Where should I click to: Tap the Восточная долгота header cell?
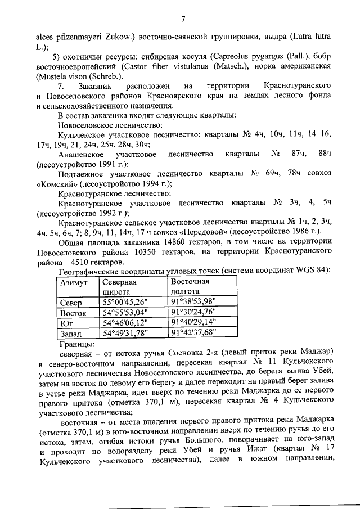tap(190, 286)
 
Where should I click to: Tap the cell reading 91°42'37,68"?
tap(193, 333)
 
